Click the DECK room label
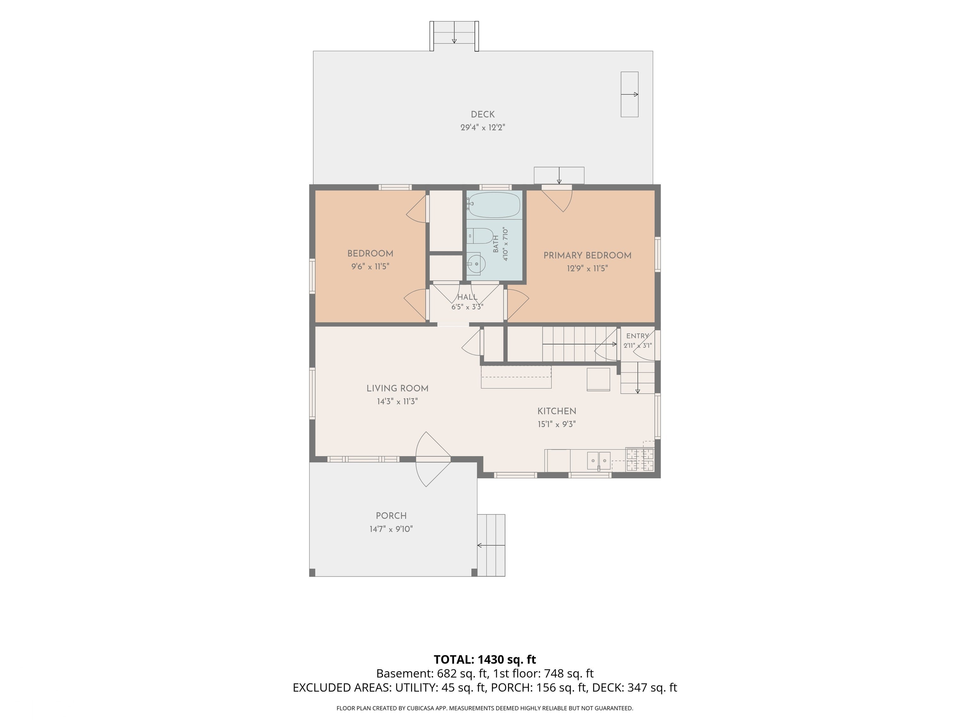pos(482,114)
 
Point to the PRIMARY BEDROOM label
pos(587,255)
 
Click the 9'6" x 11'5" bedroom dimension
pos(370,266)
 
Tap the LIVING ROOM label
pos(397,388)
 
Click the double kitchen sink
pos(599,461)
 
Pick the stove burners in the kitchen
pos(640,459)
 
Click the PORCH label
pos(391,516)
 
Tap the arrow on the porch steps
pos(491,545)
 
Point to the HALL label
pos(467,297)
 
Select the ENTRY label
pos(638,336)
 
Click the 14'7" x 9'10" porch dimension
pos(391,529)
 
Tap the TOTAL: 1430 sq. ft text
pos(485,659)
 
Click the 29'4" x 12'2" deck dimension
pos(482,128)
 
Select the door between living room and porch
pos(433,459)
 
